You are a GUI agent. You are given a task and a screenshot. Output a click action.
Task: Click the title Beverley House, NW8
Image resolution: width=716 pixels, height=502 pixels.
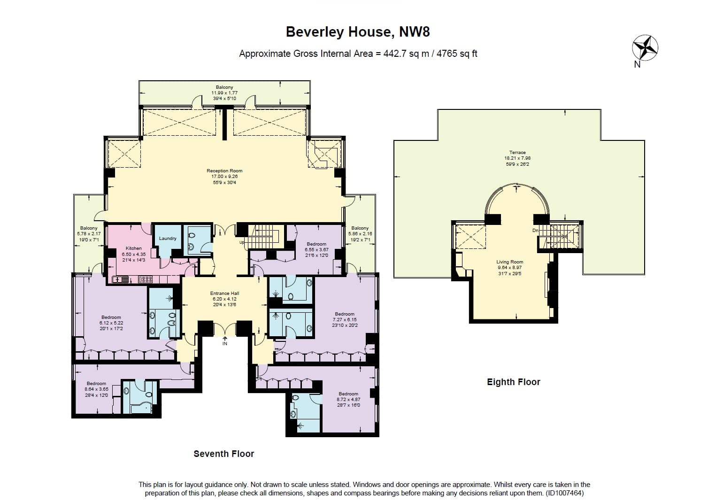358,32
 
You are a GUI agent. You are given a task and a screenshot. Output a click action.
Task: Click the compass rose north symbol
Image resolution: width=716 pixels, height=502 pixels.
645,48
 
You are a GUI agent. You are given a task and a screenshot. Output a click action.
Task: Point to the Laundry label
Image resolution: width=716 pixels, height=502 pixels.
168,239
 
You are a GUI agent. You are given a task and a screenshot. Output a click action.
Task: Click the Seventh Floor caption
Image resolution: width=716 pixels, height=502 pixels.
224,454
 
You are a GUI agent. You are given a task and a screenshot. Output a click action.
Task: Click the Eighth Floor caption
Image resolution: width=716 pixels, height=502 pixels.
514,382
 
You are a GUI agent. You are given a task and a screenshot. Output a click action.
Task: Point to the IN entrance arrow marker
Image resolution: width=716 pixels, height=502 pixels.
225,340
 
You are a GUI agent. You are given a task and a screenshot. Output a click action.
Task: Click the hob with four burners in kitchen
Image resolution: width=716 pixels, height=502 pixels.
146,279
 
